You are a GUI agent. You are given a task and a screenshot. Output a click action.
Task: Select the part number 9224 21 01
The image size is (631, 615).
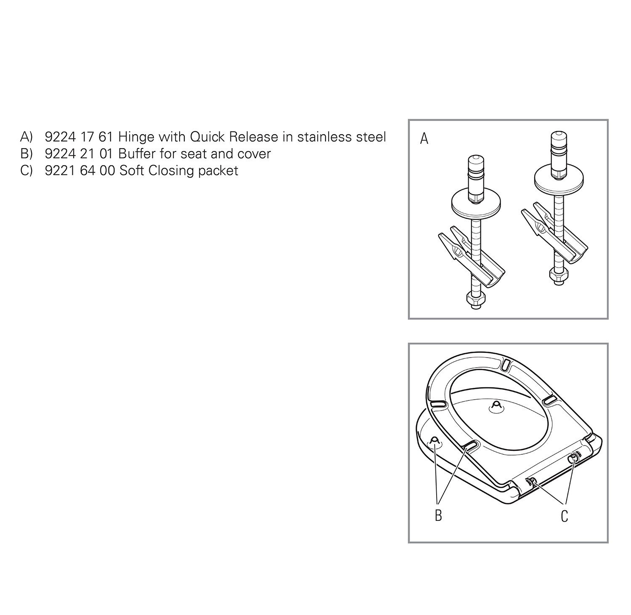[x=79, y=154]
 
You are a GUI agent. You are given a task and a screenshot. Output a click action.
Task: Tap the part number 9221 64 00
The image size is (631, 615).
[x=80, y=171]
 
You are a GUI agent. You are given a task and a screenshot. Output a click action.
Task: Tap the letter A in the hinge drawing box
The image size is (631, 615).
[x=424, y=138]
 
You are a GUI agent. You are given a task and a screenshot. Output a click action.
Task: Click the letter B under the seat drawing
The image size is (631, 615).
[x=438, y=515]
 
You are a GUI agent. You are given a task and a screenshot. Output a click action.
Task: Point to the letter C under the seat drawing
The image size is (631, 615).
[x=565, y=516]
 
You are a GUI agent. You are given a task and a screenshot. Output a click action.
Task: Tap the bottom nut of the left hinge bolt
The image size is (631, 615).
[x=475, y=300]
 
